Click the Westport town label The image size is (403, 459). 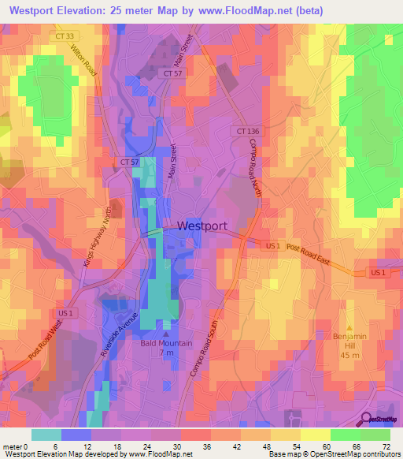tap(202, 226)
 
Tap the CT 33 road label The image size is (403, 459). tap(65, 35)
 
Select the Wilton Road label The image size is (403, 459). tap(83, 61)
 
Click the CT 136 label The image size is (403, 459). tap(247, 131)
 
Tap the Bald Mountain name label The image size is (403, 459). tap(166, 343)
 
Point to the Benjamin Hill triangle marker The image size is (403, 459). tap(350, 327)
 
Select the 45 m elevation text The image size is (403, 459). tap(349, 355)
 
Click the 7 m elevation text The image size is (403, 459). tap(166, 353)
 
